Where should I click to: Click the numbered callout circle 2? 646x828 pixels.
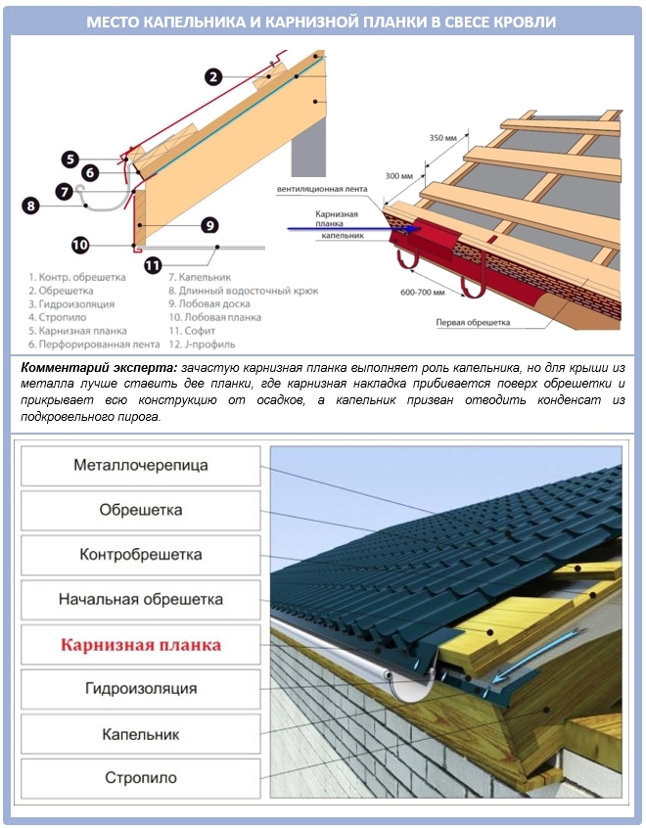tap(214, 76)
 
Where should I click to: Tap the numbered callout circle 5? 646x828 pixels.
tap(69, 159)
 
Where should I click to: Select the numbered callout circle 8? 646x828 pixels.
tap(30, 206)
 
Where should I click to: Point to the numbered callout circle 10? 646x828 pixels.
tap(80, 245)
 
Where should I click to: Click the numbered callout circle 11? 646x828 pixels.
tap(152, 263)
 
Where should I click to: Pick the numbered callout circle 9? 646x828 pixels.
tap(209, 225)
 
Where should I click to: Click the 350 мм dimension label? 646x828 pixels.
tap(443, 138)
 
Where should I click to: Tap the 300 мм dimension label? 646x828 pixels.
tap(400, 176)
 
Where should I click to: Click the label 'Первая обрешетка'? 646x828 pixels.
tap(474, 321)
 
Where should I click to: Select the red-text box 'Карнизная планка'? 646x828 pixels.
tap(141, 645)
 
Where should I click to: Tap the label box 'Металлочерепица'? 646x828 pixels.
tap(141, 465)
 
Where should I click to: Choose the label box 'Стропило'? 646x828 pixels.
tap(141, 778)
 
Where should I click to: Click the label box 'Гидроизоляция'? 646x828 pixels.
tap(141, 689)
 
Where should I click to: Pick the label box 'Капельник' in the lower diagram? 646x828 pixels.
tap(141, 733)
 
